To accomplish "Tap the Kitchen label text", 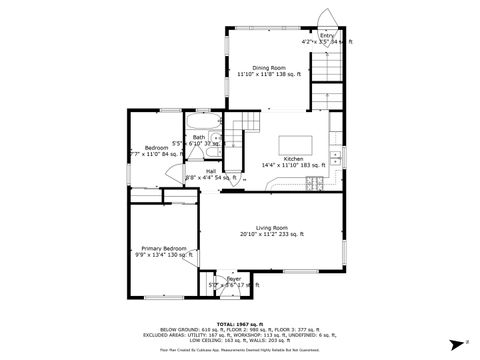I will tap(293, 159).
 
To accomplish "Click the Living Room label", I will tap(271, 227).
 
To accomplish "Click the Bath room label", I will tap(199, 137).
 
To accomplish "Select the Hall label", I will tap(211, 170).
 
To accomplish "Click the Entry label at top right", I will tap(328, 35).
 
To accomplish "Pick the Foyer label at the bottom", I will tap(233, 279).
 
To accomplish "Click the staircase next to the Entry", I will tap(327, 75).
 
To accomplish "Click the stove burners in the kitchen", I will tap(319, 183).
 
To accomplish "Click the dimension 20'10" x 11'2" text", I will tap(271, 234).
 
